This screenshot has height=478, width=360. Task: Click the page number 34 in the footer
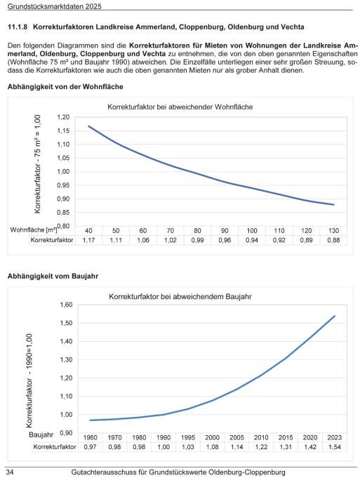(11, 472)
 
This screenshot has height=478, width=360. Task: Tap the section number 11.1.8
(18, 27)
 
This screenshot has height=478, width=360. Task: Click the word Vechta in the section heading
(293, 27)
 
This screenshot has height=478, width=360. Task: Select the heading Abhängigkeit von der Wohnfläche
(65, 87)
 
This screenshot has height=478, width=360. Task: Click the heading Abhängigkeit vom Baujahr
(53, 277)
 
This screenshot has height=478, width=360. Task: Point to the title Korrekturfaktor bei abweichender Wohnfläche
(180, 107)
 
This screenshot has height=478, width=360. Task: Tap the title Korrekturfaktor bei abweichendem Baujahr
(180, 297)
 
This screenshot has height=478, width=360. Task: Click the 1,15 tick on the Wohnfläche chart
(63, 131)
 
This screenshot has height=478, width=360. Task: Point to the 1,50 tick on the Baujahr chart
(66, 323)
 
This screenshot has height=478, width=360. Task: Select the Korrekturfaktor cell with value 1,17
(88, 240)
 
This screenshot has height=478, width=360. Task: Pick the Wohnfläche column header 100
(252, 231)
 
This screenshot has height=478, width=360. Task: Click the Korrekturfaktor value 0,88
(333, 240)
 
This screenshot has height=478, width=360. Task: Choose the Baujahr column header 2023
(335, 438)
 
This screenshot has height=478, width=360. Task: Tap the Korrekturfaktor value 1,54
(335, 447)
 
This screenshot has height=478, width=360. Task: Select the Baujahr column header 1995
(188, 438)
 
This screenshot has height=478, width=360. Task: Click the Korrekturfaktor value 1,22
(261, 447)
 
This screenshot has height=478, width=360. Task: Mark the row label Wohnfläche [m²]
(34, 230)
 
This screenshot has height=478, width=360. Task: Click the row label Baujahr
(41, 434)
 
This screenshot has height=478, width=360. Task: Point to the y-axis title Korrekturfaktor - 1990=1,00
(29, 380)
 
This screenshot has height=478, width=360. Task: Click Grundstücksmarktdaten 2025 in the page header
(54, 6)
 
